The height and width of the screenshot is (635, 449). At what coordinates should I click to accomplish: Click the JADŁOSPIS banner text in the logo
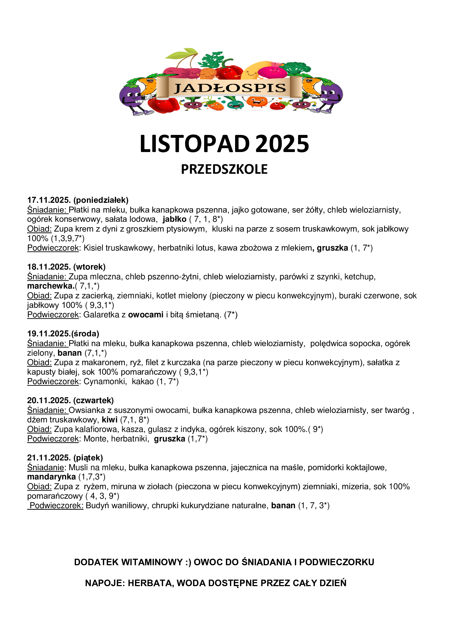pyautogui.click(x=229, y=88)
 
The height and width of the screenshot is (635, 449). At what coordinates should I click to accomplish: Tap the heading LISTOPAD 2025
pyautogui.click(x=224, y=144)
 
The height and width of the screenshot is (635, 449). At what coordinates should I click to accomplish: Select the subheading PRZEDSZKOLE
pyautogui.click(x=224, y=169)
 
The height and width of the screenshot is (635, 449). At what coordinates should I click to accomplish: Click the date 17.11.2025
pyautogui.click(x=49, y=200)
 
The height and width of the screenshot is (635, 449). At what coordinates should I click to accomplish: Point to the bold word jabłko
pyautogui.click(x=175, y=219)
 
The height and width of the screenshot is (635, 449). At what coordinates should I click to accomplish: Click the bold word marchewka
pyautogui.click(x=50, y=286)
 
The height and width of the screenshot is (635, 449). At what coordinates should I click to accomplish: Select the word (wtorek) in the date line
pyautogui.click(x=89, y=267)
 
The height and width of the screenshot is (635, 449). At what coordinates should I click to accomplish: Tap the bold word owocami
pyautogui.click(x=146, y=315)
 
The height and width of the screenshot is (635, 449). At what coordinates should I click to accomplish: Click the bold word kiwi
pyautogui.click(x=109, y=420)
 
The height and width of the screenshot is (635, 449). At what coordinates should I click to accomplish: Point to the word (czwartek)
pyautogui.click(x=93, y=400)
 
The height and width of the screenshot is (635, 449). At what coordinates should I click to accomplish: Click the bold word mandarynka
pyautogui.click(x=51, y=477)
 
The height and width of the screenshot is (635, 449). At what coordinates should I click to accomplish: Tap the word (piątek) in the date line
pyautogui.click(x=88, y=458)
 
